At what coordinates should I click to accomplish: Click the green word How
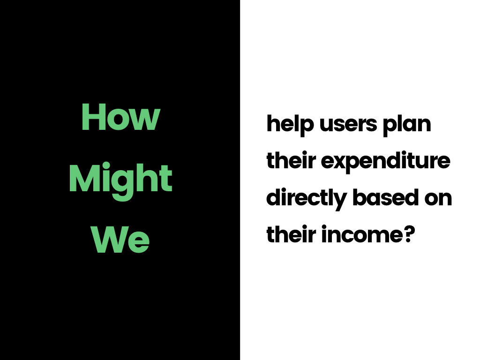[x=120, y=117]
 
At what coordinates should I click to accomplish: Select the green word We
[x=120, y=240]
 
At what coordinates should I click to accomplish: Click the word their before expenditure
[x=291, y=160]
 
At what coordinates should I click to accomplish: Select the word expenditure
[x=386, y=162]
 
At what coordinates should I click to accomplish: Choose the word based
[x=386, y=197]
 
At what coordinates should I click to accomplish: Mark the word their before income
[x=291, y=234]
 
